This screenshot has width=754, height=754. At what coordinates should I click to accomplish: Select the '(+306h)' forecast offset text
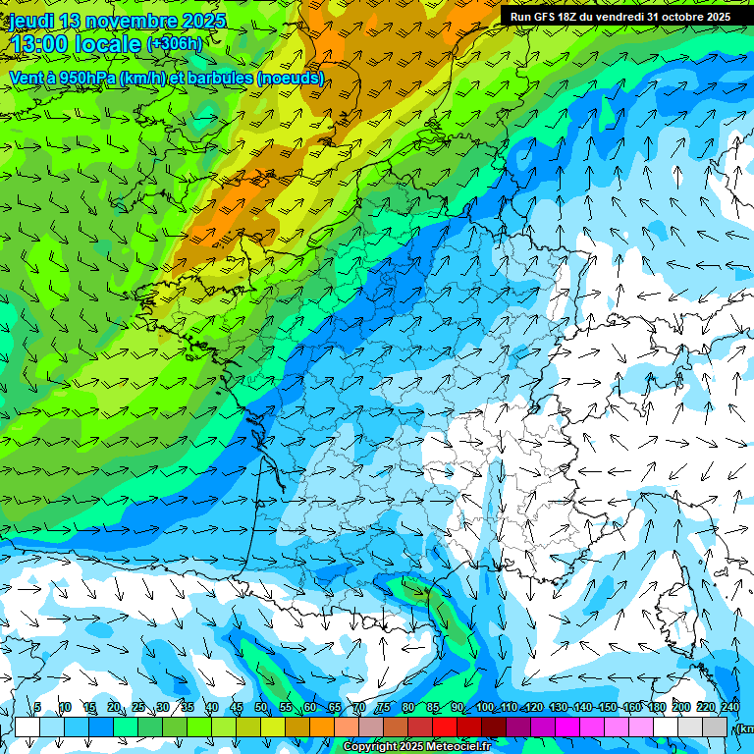pyautogui.click(x=175, y=44)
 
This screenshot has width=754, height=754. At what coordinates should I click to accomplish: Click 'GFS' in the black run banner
pyautogui.click(x=546, y=17)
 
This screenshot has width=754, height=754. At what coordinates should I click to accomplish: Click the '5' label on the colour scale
pyautogui.click(x=37, y=707)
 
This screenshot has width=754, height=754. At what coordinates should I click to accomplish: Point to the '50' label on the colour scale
pyautogui.click(x=261, y=707)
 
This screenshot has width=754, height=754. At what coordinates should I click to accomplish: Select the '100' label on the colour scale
pyautogui.click(x=484, y=707)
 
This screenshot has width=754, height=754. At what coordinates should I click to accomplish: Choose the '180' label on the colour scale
pyautogui.click(x=656, y=707)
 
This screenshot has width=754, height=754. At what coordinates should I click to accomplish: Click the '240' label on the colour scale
pyautogui.click(x=729, y=707)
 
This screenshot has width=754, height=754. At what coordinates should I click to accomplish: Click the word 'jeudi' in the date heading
pyautogui.click(x=31, y=21)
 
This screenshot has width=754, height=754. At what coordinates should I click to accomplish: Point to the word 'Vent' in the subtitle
pyautogui.click(x=27, y=78)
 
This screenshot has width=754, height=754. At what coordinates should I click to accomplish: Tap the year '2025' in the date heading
pyautogui.click(x=202, y=21)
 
